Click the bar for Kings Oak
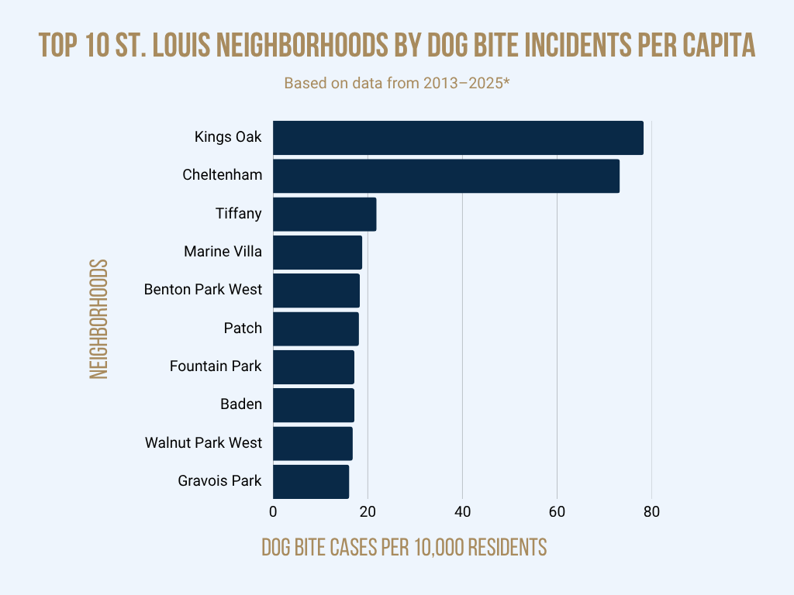click(x=458, y=138)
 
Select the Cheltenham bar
click(x=446, y=176)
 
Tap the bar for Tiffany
click(x=325, y=214)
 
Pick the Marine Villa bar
click(x=317, y=253)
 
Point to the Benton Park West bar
click(x=316, y=291)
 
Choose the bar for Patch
click(x=316, y=328)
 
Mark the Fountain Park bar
click(x=313, y=367)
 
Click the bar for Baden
click(x=313, y=405)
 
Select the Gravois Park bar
click(x=311, y=481)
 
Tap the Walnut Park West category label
click(x=203, y=443)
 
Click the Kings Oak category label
click(x=228, y=137)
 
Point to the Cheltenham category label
click(x=222, y=175)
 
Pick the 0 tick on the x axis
click(x=273, y=512)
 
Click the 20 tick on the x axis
click(x=368, y=512)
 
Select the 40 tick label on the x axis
click(x=462, y=512)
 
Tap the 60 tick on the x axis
click(x=557, y=512)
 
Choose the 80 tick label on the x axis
click(x=651, y=512)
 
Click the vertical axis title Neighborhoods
click(x=98, y=319)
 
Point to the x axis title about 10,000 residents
click(x=404, y=547)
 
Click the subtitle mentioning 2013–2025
click(x=396, y=83)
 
